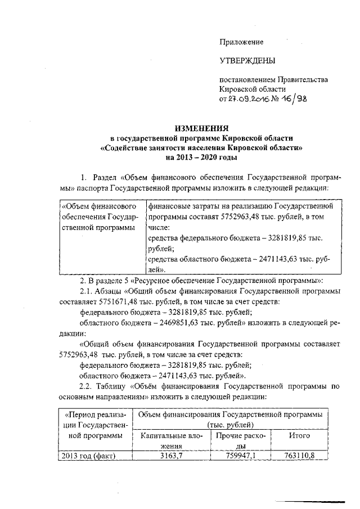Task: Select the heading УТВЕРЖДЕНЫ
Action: coord(247,60)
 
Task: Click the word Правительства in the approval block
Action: coord(300,80)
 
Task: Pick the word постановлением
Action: coord(246,80)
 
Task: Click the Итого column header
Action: coord(300,435)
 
